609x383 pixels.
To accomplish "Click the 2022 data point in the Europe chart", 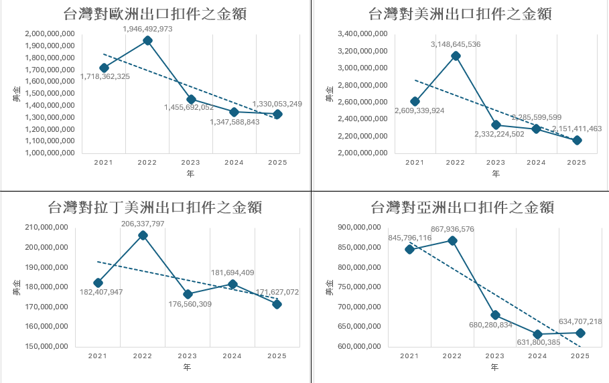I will click(x=147, y=41).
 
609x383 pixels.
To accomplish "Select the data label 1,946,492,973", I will click(x=147, y=29).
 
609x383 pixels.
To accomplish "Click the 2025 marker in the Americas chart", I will click(x=577, y=140).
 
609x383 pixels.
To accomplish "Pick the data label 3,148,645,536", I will click(x=455, y=44).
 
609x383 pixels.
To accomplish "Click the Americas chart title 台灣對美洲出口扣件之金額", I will click(x=460, y=13).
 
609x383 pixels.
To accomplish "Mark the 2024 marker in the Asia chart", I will click(x=537, y=334).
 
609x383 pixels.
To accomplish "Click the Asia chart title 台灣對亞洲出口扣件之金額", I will click(x=462, y=207).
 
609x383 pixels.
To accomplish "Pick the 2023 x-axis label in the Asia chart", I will click(x=495, y=356).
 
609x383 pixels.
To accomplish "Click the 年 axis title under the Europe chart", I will click(x=190, y=174).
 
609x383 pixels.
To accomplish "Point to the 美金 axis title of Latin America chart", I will click(x=17, y=289).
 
